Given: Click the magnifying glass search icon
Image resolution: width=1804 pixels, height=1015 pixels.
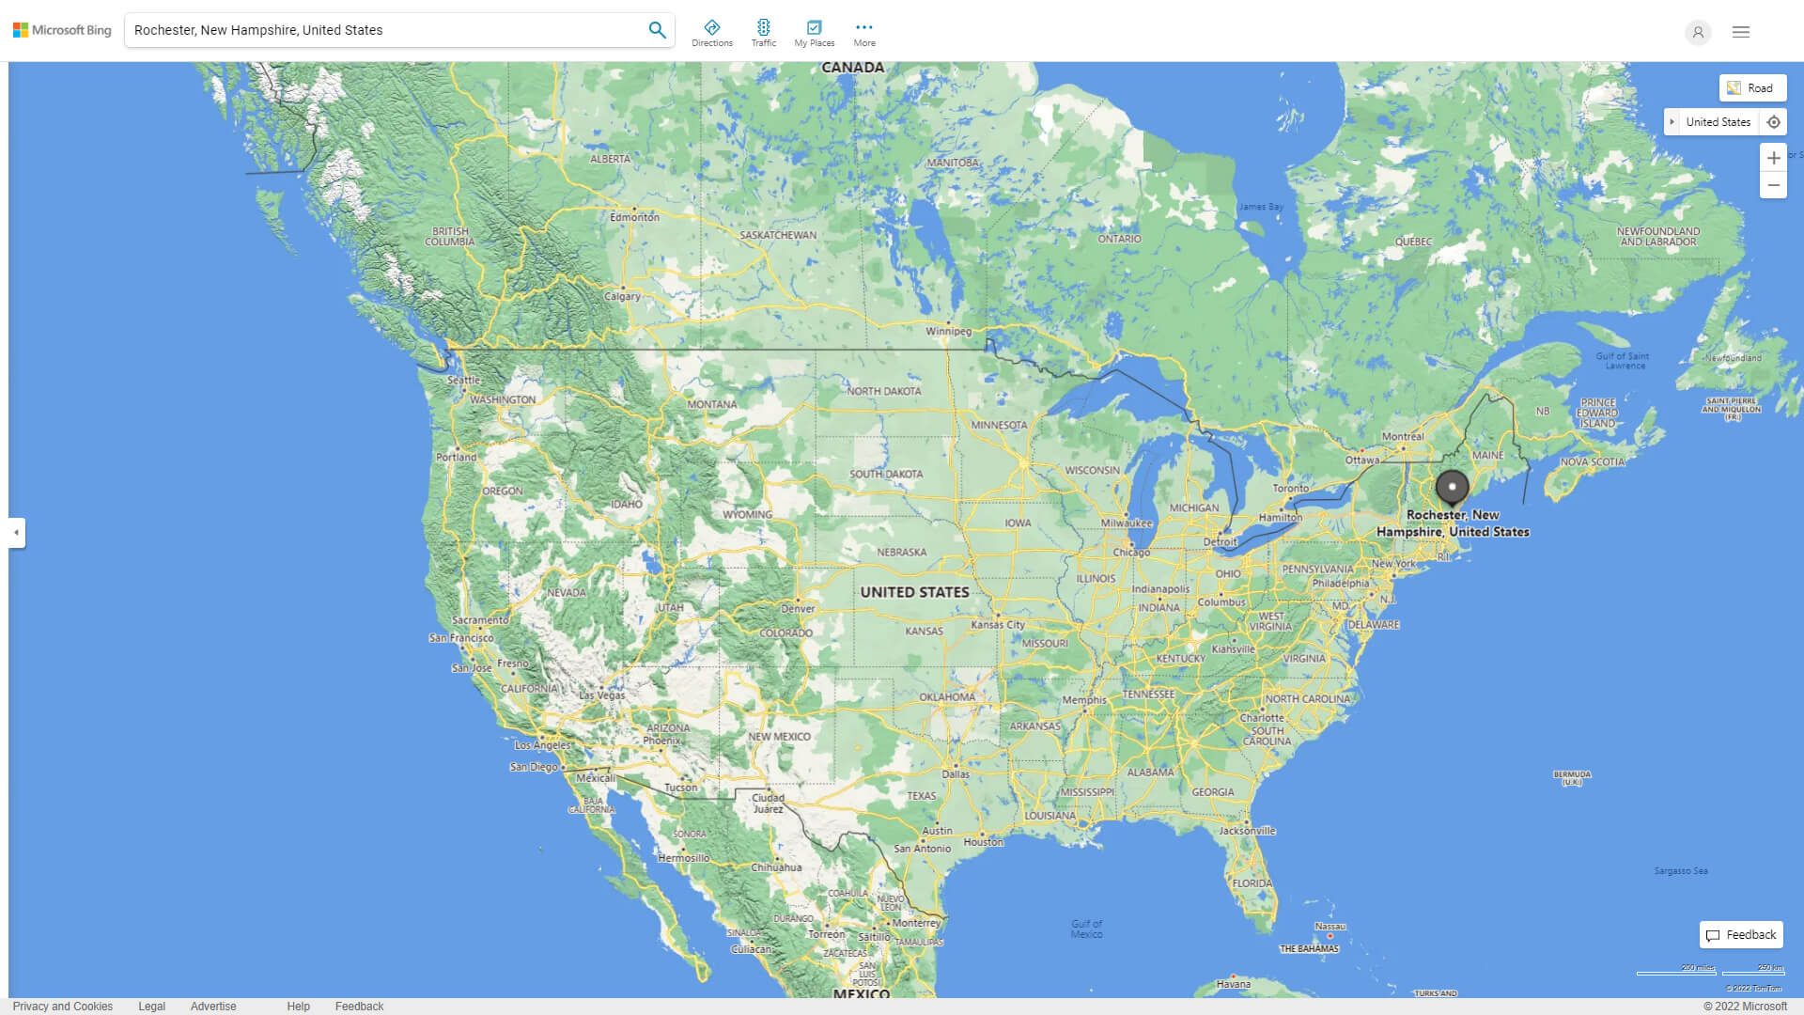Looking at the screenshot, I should click(657, 30).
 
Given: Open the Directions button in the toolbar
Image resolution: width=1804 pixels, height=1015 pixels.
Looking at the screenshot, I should click(712, 33).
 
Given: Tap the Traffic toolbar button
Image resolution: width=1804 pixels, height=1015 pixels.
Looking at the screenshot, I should click(764, 33).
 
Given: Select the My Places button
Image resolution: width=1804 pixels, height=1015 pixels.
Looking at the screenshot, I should click(814, 33).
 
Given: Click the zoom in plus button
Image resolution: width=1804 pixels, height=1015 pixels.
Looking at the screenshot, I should click(1773, 158).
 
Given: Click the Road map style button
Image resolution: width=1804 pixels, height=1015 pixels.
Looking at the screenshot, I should click(1752, 88).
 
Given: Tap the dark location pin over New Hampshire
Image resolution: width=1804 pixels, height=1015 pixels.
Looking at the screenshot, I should click(1452, 488).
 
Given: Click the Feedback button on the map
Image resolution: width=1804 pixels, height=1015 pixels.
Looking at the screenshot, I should click(1741, 935).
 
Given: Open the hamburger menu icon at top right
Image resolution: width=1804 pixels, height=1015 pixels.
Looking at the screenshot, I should click(1741, 32).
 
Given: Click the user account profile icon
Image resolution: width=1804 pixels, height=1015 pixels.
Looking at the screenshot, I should click(1698, 32).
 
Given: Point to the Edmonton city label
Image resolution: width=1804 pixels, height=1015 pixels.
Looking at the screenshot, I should click(634, 217).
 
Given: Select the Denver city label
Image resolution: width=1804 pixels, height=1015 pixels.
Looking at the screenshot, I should click(798, 608).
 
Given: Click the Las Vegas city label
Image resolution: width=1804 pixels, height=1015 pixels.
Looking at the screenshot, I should click(601, 695).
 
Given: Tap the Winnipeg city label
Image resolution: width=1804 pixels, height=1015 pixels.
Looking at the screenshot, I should click(948, 331).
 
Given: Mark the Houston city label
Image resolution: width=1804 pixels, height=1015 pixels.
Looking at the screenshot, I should click(983, 842).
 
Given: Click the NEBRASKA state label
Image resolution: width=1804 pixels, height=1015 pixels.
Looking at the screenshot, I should click(901, 553).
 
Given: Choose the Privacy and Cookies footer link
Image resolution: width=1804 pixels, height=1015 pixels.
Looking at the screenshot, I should click(63, 1007).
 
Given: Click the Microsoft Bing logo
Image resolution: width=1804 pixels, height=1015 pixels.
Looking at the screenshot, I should click(62, 30).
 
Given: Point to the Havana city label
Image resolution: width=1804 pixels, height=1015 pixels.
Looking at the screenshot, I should click(1233, 984).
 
